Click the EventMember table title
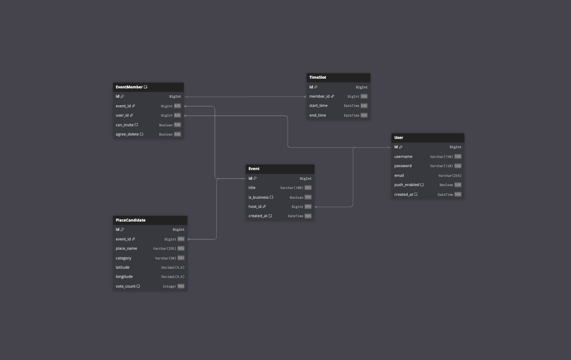(129, 87)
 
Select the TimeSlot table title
(318, 77)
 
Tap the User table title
(398, 137)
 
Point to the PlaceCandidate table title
(130, 220)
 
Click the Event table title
(254, 169)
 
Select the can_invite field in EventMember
(124, 125)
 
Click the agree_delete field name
(127, 134)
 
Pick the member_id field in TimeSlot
(319, 96)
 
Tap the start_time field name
(318, 105)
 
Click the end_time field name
(318, 115)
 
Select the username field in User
(403, 156)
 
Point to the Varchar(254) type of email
(450, 175)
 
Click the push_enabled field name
(407, 185)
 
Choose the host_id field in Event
(255, 206)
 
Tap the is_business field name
(259, 197)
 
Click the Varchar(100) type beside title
(292, 188)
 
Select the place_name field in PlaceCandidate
(126, 248)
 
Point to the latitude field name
(122, 267)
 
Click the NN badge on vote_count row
(181, 286)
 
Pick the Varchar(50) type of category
(165, 258)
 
